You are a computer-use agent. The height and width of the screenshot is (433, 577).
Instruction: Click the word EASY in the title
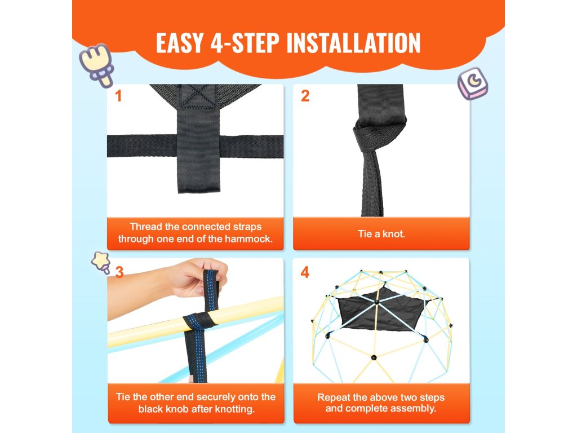coord(180,43)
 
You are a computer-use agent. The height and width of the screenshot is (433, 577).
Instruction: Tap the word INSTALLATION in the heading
coord(353,43)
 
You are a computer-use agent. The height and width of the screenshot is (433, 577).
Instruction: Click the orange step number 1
coord(118,96)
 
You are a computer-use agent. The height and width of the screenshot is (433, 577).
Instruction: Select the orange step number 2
coord(305,96)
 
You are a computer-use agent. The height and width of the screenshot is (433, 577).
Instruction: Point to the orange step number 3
coord(119,272)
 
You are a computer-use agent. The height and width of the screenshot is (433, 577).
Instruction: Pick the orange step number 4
coord(305,272)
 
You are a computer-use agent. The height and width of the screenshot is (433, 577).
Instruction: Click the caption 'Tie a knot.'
coord(381,234)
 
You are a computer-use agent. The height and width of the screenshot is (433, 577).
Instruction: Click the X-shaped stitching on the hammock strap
coord(199,96)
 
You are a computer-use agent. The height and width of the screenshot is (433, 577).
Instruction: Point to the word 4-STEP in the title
coord(245,43)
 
